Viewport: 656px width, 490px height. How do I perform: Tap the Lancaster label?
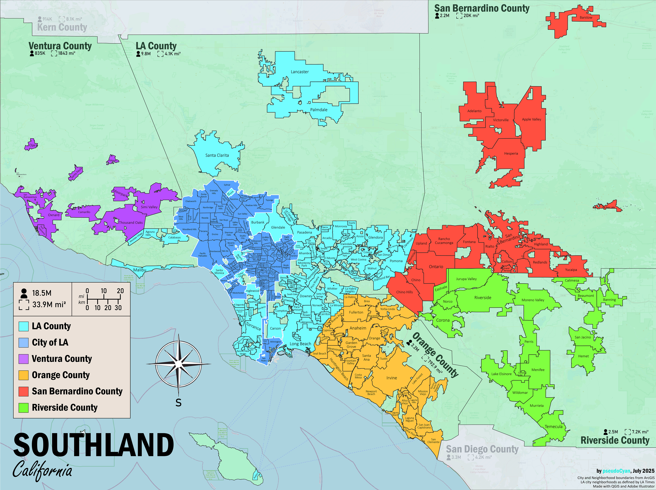click(300, 72)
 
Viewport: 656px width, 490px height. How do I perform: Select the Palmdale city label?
click(319, 110)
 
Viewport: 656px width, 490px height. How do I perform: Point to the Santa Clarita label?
click(217, 155)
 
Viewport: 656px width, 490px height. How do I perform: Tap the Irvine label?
click(392, 378)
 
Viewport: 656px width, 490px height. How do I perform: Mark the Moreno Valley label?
click(533, 300)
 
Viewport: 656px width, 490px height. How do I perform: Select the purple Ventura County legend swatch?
click(23, 359)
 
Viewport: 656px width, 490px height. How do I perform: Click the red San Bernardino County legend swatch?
click(23, 392)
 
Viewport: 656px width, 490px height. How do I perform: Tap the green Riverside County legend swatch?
click(23, 408)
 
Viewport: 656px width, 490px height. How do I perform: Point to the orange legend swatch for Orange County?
click(23, 375)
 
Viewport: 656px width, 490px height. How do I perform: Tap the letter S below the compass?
click(178, 403)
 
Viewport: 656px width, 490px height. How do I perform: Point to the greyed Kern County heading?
click(62, 27)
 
